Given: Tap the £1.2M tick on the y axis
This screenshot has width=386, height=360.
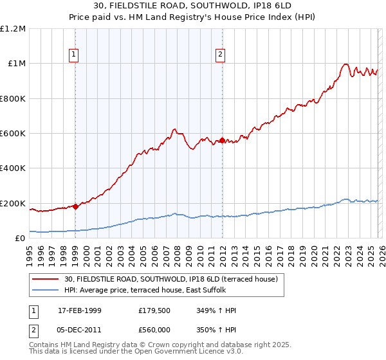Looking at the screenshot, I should click(x=14, y=29).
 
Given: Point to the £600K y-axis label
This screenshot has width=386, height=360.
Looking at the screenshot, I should click(x=13, y=134).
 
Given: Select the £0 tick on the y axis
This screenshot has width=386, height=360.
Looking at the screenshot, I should click(x=21, y=239).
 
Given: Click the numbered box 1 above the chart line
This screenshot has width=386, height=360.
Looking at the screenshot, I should click(x=75, y=55).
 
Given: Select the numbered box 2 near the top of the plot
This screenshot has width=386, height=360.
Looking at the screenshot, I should click(x=221, y=55).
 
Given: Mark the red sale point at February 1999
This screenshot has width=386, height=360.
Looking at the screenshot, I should click(x=75, y=206).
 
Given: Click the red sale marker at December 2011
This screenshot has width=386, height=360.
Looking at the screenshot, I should click(x=222, y=140).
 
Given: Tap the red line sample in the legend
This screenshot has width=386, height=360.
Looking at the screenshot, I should click(x=46, y=279).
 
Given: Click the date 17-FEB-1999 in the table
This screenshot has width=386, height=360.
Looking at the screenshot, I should click(x=80, y=310).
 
